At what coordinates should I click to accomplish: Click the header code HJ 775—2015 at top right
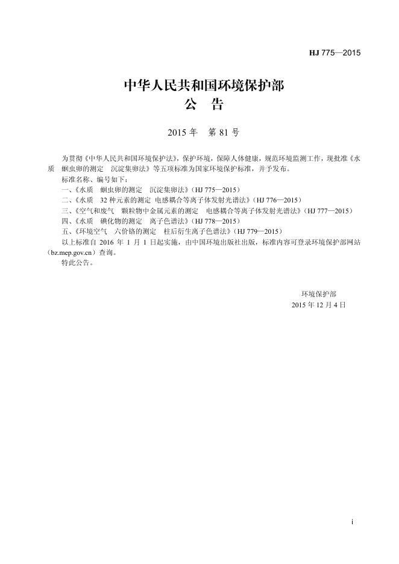coord(335,53)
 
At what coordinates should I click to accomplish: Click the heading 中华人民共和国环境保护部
coord(204,86)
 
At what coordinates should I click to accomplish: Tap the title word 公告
coord(204,105)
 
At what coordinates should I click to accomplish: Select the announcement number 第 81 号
coord(223,132)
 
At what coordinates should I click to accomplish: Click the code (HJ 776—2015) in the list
coord(275,199)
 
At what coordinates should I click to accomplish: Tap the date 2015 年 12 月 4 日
coord(318,305)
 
